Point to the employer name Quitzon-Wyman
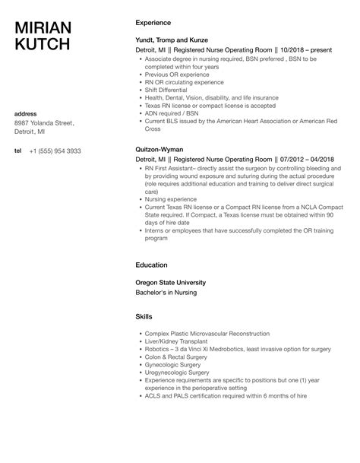coord(160,149)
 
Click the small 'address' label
coord(27,114)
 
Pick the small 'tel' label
coord(18,151)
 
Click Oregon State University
coord(171,282)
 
